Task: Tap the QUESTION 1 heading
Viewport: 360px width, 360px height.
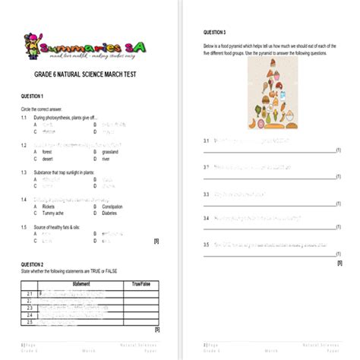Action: tap(32, 96)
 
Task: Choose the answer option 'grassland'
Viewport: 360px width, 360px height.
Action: tap(113, 151)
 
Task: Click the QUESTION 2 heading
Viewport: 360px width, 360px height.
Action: tap(32, 263)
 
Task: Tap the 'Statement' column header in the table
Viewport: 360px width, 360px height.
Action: tap(81, 284)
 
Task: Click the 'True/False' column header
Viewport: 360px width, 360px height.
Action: tap(141, 284)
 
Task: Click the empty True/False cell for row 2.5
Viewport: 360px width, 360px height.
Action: tap(141, 323)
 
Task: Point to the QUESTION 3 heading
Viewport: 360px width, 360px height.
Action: tap(215, 33)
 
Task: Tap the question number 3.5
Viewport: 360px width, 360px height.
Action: tap(206, 245)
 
